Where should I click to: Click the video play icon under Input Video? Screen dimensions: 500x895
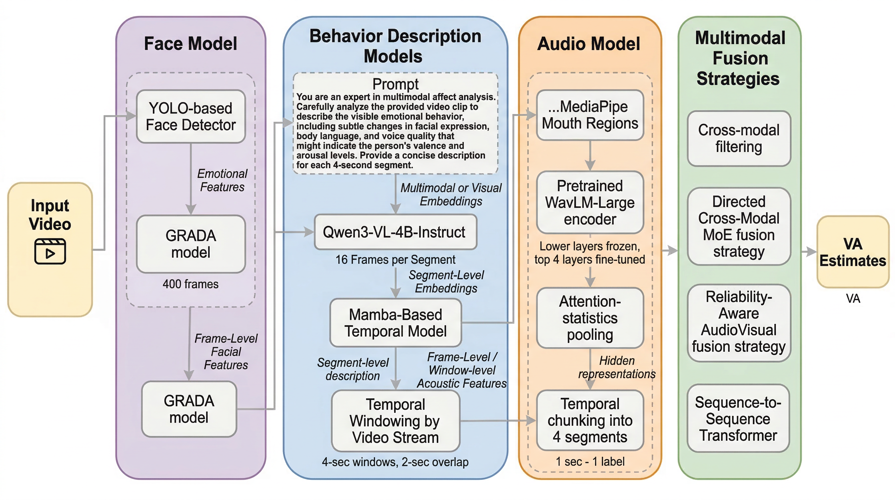50,251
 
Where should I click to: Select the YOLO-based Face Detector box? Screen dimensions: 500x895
191,117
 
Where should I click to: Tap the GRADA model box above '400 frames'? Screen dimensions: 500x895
191,244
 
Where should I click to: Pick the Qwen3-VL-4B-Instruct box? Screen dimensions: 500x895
395,232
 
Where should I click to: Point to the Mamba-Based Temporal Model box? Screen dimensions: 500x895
395,323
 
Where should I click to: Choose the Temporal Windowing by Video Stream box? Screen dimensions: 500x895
395,421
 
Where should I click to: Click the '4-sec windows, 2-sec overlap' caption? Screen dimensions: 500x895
395,462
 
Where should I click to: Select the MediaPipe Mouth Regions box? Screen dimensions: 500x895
590,115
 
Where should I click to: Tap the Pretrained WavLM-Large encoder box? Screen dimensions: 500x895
590,202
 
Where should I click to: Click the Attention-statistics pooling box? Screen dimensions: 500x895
590,318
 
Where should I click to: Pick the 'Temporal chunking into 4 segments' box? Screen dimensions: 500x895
590,420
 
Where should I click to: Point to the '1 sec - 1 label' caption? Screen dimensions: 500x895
590,461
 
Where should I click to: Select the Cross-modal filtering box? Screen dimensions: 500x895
739,138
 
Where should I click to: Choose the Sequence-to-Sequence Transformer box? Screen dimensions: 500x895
738,419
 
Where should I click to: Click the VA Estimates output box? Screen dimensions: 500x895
853,252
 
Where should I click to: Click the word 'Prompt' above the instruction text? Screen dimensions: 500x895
395,84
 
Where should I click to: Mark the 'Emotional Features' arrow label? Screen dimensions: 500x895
222,180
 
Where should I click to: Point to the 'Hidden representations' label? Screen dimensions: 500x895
617,367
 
